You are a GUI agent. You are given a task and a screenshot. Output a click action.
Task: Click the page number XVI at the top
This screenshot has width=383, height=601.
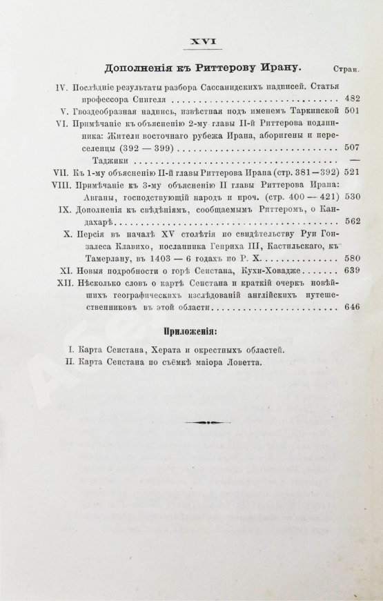point(204,42)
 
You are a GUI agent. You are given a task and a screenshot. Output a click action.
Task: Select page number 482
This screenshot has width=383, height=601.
point(348,99)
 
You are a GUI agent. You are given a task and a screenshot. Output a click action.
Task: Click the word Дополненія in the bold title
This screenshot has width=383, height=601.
point(138,68)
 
